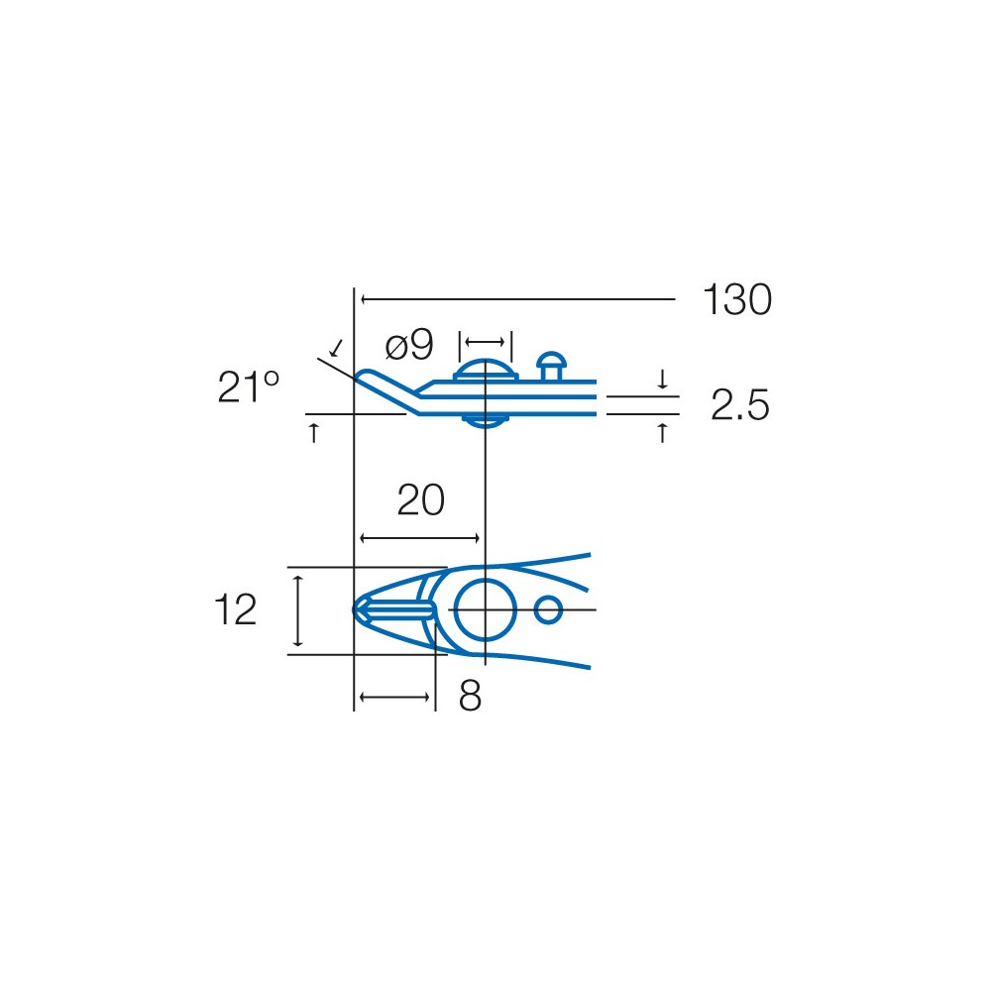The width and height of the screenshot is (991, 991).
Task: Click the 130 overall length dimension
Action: point(737,299)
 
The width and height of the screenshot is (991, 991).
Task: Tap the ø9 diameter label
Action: point(409,346)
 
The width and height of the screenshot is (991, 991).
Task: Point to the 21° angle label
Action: point(248,386)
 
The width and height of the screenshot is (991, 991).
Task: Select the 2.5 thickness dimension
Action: point(740,404)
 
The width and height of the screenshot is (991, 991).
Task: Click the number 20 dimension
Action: point(421,500)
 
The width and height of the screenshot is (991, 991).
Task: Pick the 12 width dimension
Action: point(235,609)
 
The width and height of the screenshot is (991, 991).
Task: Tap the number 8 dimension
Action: point(470,697)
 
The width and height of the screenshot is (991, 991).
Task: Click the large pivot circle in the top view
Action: point(486,579)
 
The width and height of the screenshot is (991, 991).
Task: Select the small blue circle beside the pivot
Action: point(548,596)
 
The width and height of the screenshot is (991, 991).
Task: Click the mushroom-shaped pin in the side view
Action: point(551,366)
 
